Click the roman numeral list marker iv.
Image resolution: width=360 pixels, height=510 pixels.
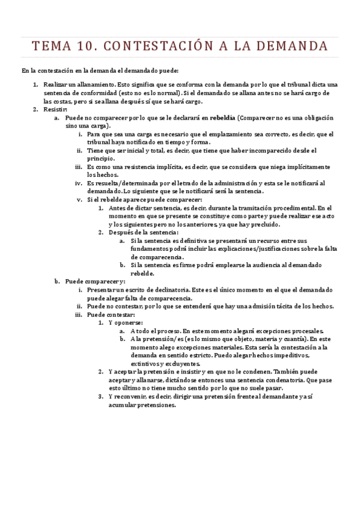(x=78, y=183)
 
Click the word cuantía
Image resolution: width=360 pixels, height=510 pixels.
(x=290, y=339)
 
